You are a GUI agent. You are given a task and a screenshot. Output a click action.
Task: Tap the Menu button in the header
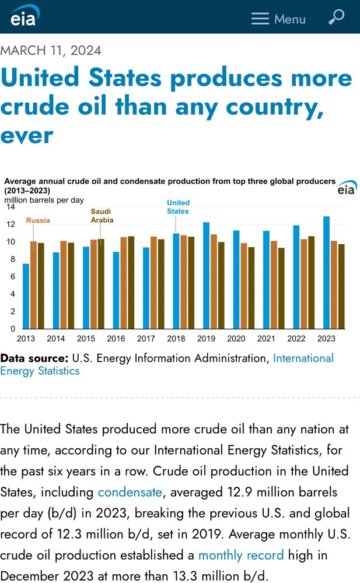point(278,19)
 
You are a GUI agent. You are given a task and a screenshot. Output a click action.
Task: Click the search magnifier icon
point(336,17)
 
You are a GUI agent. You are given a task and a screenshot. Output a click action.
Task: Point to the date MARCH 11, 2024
point(51,50)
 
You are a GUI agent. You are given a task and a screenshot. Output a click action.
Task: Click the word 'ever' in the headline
point(27,135)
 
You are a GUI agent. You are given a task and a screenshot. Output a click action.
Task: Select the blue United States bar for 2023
point(326,272)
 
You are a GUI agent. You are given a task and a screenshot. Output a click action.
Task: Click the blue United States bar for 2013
point(26,296)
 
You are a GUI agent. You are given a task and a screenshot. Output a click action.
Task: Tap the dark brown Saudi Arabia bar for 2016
point(131,282)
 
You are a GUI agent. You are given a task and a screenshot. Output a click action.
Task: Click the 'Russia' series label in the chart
point(38,220)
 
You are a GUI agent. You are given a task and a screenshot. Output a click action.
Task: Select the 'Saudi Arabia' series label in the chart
point(102,216)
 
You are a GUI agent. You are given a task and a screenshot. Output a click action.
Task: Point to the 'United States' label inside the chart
point(178,207)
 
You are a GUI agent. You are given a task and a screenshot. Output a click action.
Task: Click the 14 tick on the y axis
point(11,207)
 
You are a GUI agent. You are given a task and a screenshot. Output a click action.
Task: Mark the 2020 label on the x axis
point(236,339)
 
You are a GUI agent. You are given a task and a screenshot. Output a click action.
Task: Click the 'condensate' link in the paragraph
point(130,492)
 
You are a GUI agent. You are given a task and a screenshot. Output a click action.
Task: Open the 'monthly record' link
point(241,555)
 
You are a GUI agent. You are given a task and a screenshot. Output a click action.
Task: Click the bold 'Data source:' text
point(34,358)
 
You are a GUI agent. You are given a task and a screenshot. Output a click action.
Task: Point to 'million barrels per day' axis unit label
point(44,200)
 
